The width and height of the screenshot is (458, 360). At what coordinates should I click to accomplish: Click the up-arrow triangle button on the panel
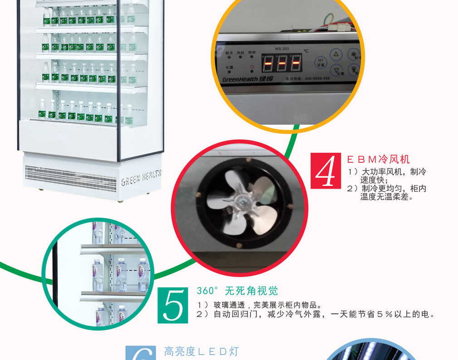[x=336, y=55]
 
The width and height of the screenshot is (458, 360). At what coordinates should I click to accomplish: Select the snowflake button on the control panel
[x=352, y=55]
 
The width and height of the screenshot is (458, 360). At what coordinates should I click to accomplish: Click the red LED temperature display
[x=282, y=63]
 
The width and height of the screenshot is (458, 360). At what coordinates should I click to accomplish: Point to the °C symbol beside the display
[x=306, y=52]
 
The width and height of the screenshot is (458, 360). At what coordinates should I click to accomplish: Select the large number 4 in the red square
[x=325, y=171]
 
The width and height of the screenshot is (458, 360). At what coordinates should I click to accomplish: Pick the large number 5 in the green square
[x=172, y=305]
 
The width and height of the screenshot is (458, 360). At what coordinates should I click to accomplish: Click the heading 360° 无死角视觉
[x=237, y=291]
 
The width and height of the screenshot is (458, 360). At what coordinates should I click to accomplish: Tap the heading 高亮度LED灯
[x=201, y=351]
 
